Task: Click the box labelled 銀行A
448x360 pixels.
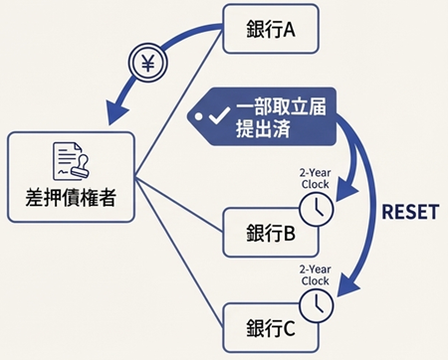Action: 272,30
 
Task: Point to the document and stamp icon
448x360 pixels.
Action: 69,159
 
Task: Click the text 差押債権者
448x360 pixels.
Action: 69,197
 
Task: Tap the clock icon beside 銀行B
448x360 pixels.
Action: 315,210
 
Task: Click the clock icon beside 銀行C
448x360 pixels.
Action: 315,307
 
